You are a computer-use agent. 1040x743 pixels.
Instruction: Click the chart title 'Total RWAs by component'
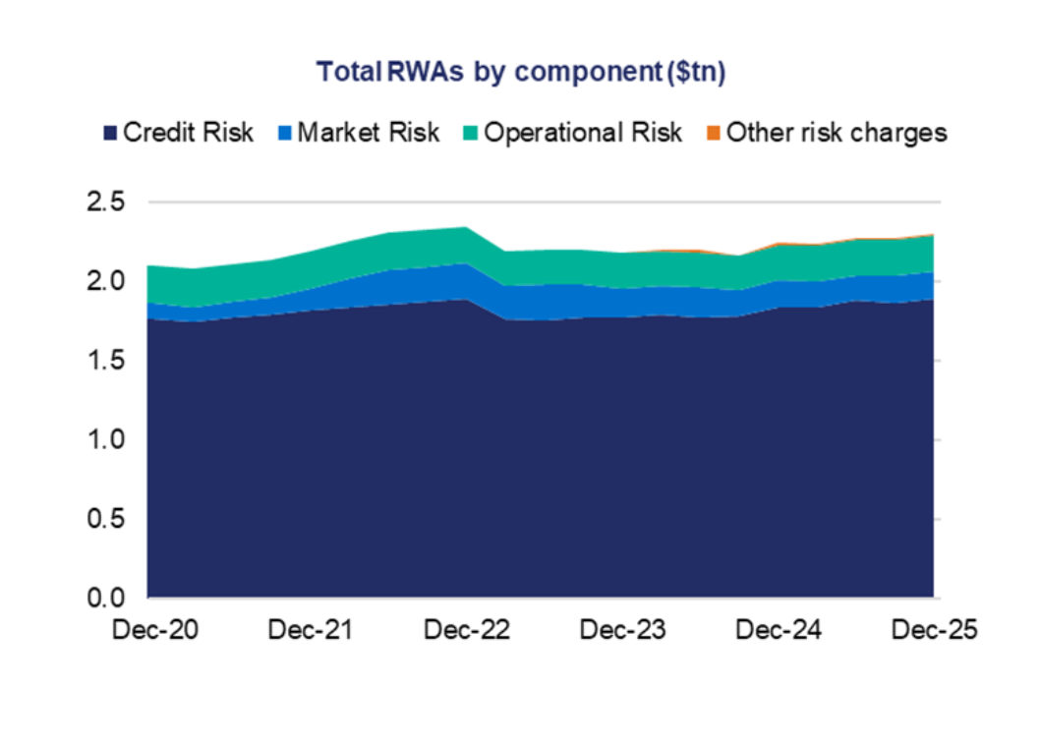click(520, 73)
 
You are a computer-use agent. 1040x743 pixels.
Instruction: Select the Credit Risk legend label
click(188, 133)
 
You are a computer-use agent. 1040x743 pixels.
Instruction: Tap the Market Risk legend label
click(368, 133)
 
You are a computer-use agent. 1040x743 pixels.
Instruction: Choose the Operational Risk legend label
click(582, 133)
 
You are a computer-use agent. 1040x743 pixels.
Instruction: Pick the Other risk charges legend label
click(837, 133)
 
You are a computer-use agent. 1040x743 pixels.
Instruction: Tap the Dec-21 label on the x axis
click(311, 631)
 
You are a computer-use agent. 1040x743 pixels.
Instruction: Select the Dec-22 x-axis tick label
click(468, 631)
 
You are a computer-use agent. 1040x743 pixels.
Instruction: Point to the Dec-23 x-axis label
click(622, 631)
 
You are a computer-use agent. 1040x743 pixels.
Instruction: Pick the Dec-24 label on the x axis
click(779, 631)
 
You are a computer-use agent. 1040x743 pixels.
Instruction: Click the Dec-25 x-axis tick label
click(934, 631)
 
